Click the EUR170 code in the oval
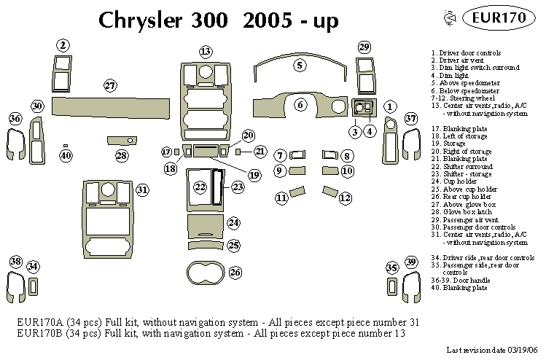(496, 18)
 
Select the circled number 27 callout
(110, 85)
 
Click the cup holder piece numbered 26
(213, 274)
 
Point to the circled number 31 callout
(142, 189)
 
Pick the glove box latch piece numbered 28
(121, 140)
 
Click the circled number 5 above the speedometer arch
(300, 65)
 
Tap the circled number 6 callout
(300, 105)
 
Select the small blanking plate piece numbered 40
(66, 146)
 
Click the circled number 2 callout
(63, 45)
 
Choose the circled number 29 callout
(364, 47)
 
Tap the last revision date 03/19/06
(519, 351)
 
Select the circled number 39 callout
(411, 262)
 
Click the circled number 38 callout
(15, 262)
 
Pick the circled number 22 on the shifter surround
(200, 187)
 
